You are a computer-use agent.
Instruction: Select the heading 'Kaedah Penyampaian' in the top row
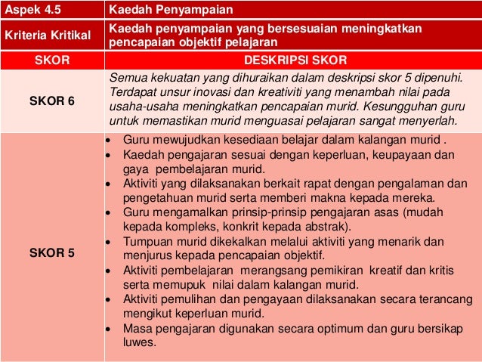(x=171, y=10)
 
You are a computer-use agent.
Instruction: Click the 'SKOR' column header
(x=51, y=60)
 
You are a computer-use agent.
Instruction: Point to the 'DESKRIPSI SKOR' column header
(x=292, y=60)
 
